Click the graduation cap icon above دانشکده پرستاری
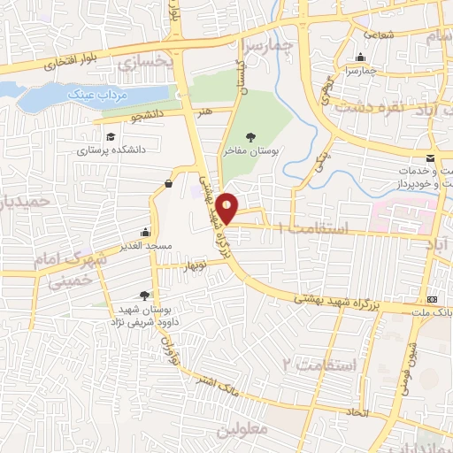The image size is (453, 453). pyautogui.click(x=111, y=137)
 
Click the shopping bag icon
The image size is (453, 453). pyautogui.click(x=168, y=184)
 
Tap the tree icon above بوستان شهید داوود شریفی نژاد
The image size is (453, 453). pyautogui.click(x=145, y=296)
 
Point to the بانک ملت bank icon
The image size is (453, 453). pyautogui.click(x=432, y=299)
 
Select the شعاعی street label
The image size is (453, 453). pyautogui.click(x=378, y=35)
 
